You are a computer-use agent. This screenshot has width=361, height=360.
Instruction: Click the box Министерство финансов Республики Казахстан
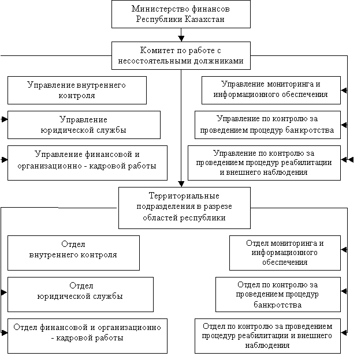(x=180, y=14)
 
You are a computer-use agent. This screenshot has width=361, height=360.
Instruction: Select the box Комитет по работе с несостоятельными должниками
(x=180, y=55)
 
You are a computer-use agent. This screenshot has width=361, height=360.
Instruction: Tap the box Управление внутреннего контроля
(x=76, y=90)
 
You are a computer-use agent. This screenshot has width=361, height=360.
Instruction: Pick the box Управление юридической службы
(x=84, y=125)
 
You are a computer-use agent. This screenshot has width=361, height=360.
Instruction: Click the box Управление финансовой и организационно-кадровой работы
(x=87, y=162)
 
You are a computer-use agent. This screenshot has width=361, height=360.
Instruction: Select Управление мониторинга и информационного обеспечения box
(x=270, y=90)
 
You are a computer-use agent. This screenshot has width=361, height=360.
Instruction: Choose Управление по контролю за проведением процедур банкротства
(x=267, y=125)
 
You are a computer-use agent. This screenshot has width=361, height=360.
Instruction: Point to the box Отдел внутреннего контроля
(x=73, y=252)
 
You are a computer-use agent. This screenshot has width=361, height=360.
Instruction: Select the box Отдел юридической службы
(x=81, y=294)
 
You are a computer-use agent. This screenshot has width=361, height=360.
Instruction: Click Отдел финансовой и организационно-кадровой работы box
(x=87, y=335)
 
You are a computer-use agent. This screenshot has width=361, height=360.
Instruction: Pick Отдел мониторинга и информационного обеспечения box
(x=284, y=253)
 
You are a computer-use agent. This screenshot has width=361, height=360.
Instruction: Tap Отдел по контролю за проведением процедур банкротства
(x=277, y=294)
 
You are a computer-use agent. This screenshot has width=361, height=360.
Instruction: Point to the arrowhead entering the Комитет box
(x=181, y=39)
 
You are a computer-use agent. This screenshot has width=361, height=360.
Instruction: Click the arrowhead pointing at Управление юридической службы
(x=4, y=119)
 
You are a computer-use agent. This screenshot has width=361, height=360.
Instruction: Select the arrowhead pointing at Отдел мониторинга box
(x=344, y=250)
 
